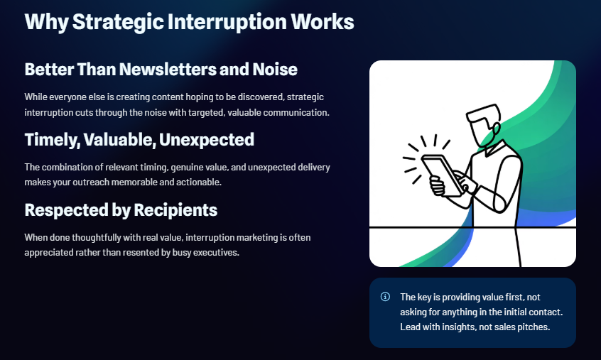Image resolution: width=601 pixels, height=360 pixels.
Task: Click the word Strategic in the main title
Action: coord(119,22)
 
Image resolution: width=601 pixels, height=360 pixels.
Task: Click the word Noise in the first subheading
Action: coord(275,70)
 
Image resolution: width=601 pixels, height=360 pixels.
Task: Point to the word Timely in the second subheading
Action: coord(53,140)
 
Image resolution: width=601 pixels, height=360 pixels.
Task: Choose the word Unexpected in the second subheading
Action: coord(207,140)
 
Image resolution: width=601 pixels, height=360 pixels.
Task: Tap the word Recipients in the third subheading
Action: coord(175,210)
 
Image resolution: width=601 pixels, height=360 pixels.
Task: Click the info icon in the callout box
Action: coord(385,297)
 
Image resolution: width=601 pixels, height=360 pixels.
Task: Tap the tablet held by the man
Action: coord(443,175)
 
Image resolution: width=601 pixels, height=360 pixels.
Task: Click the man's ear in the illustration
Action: coord(497,129)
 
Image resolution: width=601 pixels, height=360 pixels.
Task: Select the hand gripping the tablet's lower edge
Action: coord(438,186)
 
